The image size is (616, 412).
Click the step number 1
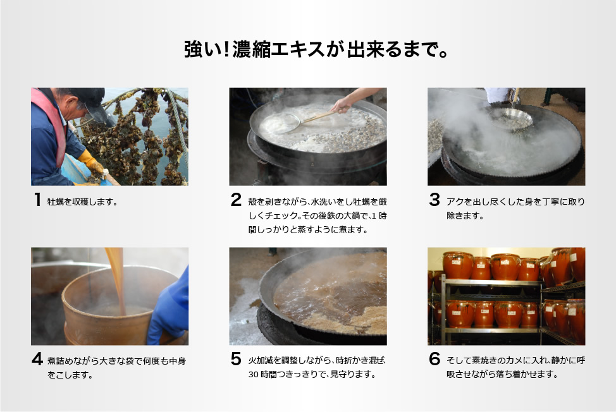[x=38, y=199]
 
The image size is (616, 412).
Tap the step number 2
[x=236, y=199]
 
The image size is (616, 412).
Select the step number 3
[x=434, y=199]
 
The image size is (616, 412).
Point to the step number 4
[x=37, y=359]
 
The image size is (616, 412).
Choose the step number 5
[x=236, y=359]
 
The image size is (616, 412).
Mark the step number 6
[x=434, y=359]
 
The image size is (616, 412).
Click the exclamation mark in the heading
[x=226, y=49]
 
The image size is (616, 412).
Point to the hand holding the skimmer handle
[x=342, y=104]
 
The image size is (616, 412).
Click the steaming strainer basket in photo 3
[x=510, y=119]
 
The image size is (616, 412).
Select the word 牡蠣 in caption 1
[x=57, y=202]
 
